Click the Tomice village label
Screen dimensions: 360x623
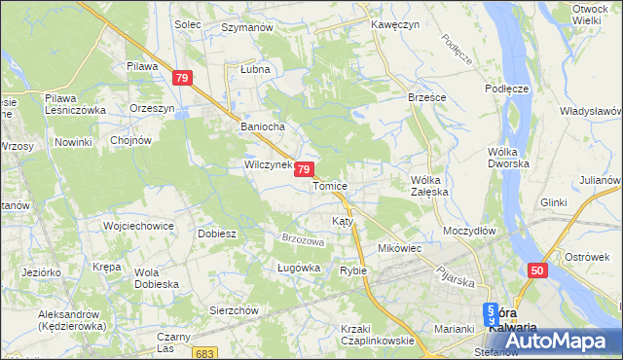click(x=330, y=185)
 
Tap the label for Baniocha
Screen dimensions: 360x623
click(x=261, y=126)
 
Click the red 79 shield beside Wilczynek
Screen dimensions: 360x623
click(x=305, y=169)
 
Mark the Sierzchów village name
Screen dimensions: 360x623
click(x=234, y=309)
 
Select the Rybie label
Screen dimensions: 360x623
click(x=352, y=270)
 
